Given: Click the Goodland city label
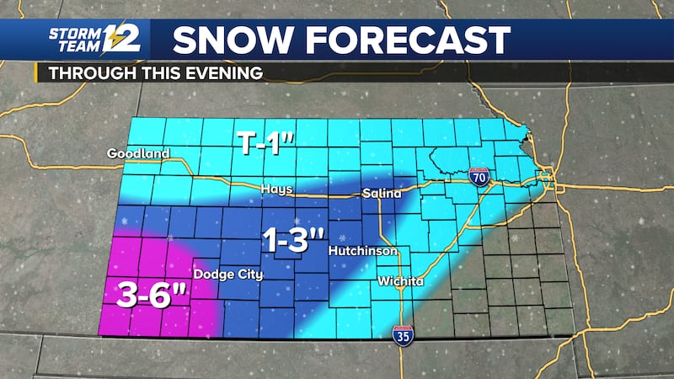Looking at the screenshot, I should coord(138,153).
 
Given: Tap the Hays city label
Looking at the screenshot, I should coord(276,189).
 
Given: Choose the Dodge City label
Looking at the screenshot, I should coord(227,274).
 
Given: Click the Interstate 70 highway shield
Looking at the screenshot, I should coord(476,176).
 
